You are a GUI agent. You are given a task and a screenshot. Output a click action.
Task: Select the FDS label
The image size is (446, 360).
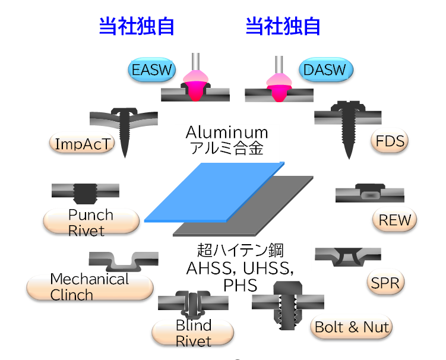(390, 141)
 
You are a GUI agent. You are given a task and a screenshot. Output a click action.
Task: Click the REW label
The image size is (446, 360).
(395, 220)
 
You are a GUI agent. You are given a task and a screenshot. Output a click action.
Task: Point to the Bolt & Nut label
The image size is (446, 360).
(352, 326)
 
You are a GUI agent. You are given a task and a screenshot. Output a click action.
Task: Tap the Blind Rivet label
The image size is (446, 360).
(193, 333)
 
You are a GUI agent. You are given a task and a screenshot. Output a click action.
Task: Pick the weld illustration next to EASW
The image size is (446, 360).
(195, 83)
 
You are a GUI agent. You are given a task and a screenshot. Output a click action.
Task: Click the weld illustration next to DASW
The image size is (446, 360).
(279, 83)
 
